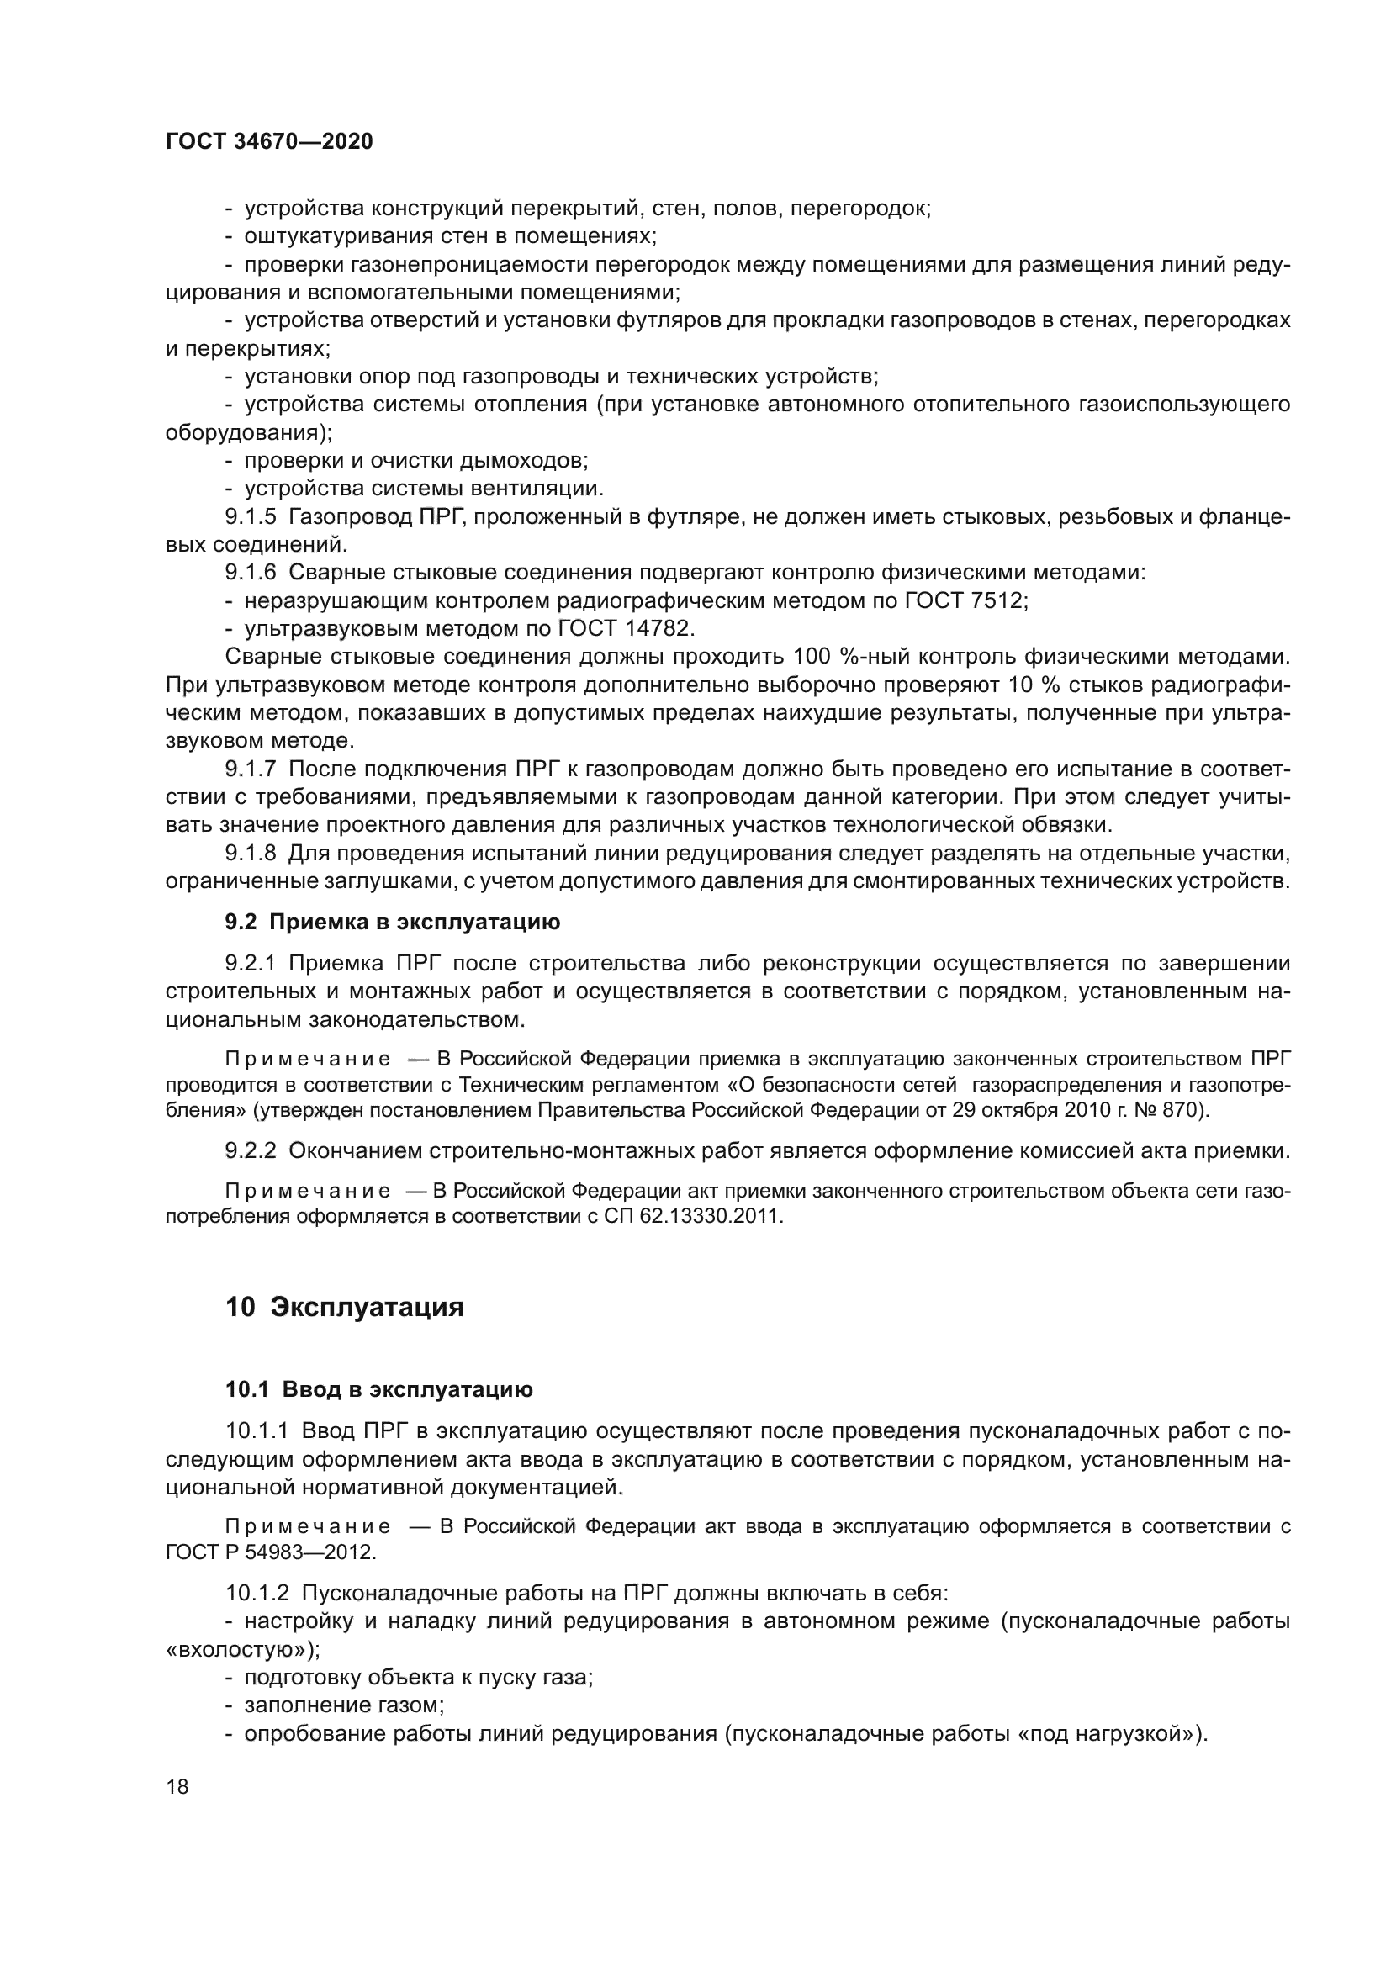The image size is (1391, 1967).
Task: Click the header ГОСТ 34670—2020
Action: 269,142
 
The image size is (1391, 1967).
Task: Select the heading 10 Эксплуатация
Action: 344,1308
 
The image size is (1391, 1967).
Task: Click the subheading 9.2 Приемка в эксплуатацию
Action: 392,922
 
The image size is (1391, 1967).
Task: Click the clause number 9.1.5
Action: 251,516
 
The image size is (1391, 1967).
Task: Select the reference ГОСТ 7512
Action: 965,600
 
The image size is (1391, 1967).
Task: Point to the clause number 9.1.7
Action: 251,769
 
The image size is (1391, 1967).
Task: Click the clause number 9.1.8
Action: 251,854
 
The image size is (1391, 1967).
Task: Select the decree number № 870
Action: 1168,1111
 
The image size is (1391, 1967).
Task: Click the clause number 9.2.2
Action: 251,1150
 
